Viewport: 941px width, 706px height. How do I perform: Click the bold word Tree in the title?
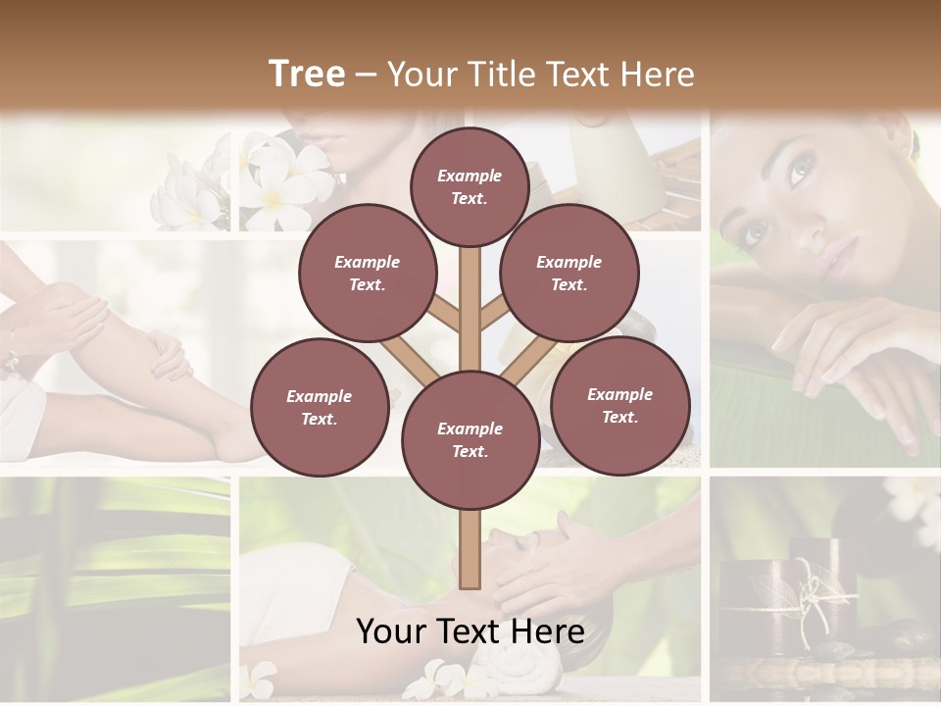(x=307, y=74)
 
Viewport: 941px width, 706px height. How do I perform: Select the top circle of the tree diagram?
(x=470, y=186)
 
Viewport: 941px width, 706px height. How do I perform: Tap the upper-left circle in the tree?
(x=368, y=274)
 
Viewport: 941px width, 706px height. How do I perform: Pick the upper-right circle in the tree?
(x=570, y=274)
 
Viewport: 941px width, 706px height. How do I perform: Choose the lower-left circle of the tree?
(x=320, y=407)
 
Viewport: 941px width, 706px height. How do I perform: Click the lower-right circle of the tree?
(x=620, y=405)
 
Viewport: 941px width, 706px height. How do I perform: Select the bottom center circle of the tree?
(x=470, y=440)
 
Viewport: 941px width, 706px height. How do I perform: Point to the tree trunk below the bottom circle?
(x=470, y=549)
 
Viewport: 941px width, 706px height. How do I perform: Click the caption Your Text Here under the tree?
(x=470, y=631)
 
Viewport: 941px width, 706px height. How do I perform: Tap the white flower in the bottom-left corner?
(x=260, y=677)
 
